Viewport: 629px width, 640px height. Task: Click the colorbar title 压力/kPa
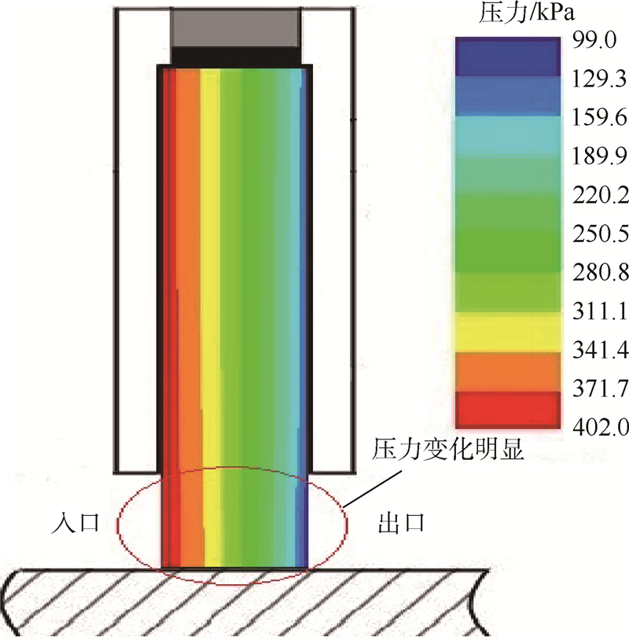(x=526, y=14)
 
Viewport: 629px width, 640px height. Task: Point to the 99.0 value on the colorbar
(x=594, y=41)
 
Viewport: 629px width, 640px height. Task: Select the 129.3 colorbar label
(x=599, y=79)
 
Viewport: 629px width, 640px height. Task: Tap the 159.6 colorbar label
(x=599, y=119)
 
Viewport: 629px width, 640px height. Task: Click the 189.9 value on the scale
(x=599, y=157)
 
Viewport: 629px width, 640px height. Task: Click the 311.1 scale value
(x=599, y=312)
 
